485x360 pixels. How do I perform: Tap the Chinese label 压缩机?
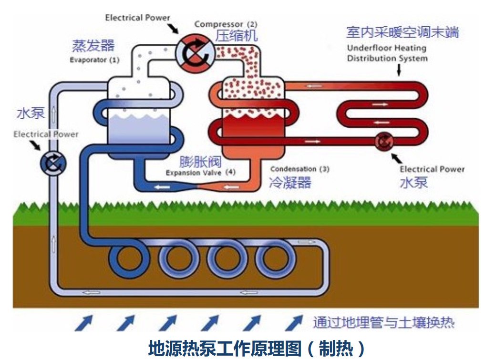pos(235,36)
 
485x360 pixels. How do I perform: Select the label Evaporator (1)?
pos(93,61)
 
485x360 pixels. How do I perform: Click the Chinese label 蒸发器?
pos(93,46)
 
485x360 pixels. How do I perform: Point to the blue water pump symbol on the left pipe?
pos(50,164)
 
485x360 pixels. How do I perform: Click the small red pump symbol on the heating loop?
pos(383,142)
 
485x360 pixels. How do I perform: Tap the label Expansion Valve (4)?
pos(200,172)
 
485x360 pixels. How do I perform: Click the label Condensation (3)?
pos(299,169)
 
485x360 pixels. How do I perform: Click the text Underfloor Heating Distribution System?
pos(387,53)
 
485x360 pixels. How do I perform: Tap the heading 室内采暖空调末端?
pos(402,32)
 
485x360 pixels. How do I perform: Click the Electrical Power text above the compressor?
pos(137,18)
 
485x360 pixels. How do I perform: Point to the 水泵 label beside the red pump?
pos(413,182)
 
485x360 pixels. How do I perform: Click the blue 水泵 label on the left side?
pos(30,113)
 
